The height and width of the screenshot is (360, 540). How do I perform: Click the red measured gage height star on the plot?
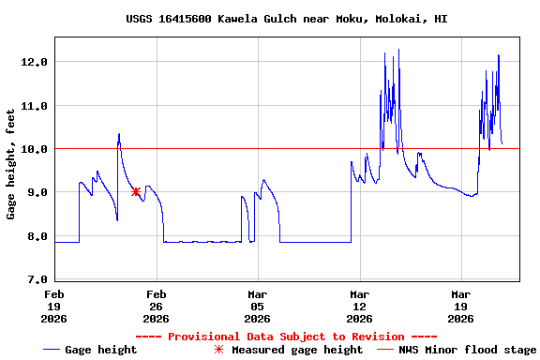(136, 191)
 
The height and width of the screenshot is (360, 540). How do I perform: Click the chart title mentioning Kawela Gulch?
(286, 19)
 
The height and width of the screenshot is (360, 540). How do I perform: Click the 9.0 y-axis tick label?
(37, 192)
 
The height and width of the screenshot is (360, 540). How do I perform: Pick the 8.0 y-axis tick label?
(37, 236)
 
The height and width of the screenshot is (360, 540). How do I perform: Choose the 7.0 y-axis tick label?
(37, 279)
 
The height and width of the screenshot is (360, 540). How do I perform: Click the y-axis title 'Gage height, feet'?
(11, 164)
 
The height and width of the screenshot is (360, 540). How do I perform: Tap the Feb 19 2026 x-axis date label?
(54, 305)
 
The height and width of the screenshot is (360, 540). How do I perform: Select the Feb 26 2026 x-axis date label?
(156, 305)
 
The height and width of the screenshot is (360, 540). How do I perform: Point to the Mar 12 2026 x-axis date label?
(358, 305)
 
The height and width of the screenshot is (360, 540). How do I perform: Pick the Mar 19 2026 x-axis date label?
(460, 305)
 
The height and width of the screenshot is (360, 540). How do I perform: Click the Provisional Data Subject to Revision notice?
(286, 337)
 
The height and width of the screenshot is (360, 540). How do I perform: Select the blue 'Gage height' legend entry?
(90, 350)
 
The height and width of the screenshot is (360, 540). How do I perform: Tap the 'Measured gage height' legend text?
(297, 350)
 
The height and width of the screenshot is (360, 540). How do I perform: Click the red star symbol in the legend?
(218, 350)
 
